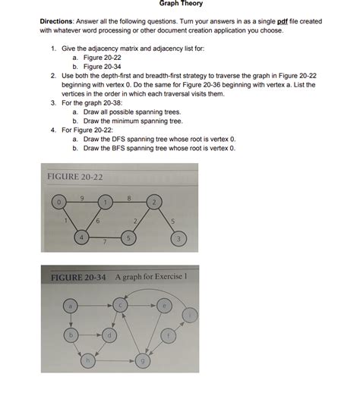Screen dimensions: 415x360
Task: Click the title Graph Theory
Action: click(179, 5)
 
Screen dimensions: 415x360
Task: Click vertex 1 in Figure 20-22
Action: click(106, 201)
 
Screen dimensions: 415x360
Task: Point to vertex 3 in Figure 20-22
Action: click(178, 240)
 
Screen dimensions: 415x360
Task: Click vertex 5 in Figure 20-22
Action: click(129, 239)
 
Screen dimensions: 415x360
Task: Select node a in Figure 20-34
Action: click(70, 305)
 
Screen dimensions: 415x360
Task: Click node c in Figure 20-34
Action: click(119, 305)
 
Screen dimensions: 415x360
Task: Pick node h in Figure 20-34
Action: click(90, 360)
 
